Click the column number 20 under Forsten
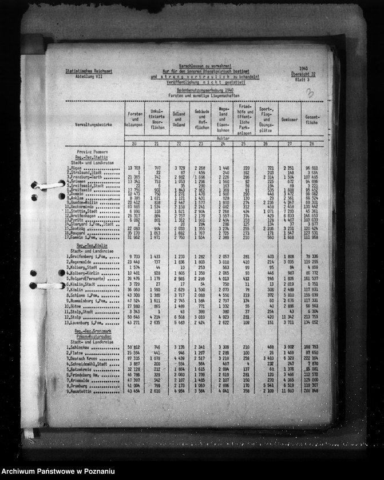[134, 144]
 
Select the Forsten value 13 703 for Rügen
[133, 168]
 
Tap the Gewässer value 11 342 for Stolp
[288, 316]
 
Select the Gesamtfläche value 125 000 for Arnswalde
[311, 379]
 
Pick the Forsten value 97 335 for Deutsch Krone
[133, 358]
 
